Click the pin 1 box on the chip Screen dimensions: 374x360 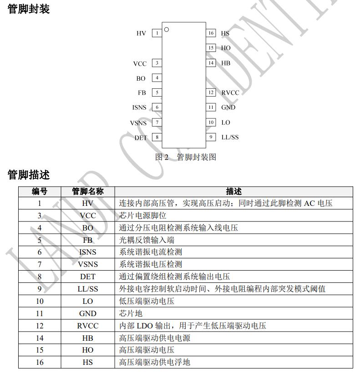point(157,33)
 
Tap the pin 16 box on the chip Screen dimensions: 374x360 point(211,33)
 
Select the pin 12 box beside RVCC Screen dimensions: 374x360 point(211,92)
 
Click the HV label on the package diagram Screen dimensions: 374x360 point(141,33)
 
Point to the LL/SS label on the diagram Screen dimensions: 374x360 point(230,137)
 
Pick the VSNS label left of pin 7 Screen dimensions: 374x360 point(138,123)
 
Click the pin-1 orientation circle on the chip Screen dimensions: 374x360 point(167,30)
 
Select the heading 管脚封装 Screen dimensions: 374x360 point(29,9)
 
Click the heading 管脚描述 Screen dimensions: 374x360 point(29,174)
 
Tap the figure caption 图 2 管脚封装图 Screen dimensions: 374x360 point(186,157)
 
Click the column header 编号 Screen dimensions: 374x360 point(40,191)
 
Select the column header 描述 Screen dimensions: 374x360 point(234,191)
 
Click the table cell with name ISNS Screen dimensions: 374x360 point(88,252)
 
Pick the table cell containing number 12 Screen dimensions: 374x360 point(40,326)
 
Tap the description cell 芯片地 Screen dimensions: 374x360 point(131,313)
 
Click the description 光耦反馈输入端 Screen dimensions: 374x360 point(147,240)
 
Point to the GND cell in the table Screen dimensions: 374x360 point(88,313)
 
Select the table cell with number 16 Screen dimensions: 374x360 point(40,362)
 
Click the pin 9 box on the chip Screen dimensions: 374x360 point(211,137)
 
